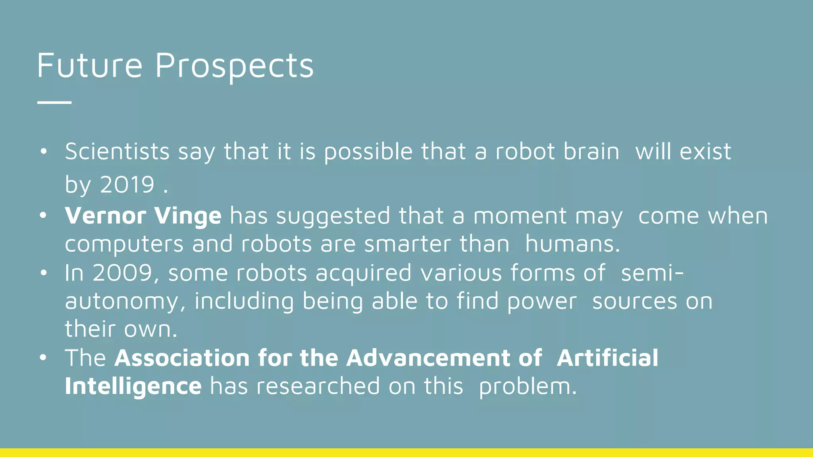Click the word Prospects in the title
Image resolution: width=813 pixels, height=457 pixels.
tap(234, 65)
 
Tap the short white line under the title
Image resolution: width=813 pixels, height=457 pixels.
tap(54, 102)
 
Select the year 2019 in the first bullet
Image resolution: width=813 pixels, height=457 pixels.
tap(127, 184)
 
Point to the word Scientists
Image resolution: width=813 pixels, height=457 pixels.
tap(118, 152)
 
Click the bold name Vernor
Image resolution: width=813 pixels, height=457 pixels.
tap(106, 216)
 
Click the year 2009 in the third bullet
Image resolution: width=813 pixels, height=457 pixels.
tap(123, 273)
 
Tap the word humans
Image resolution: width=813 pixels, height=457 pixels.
tap(572, 244)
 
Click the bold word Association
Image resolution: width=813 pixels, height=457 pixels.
tap(182, 358)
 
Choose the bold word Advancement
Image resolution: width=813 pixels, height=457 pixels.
tap(428, 358)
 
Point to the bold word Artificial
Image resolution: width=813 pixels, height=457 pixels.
tap(607, 358)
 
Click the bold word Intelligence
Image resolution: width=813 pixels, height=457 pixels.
tap(133, 386)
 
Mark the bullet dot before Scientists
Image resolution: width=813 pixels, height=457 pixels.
tap(43, 152)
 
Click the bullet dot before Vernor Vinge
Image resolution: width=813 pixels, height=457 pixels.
tap(43, 216)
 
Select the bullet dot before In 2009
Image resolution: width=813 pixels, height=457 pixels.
tap(43, 273)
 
